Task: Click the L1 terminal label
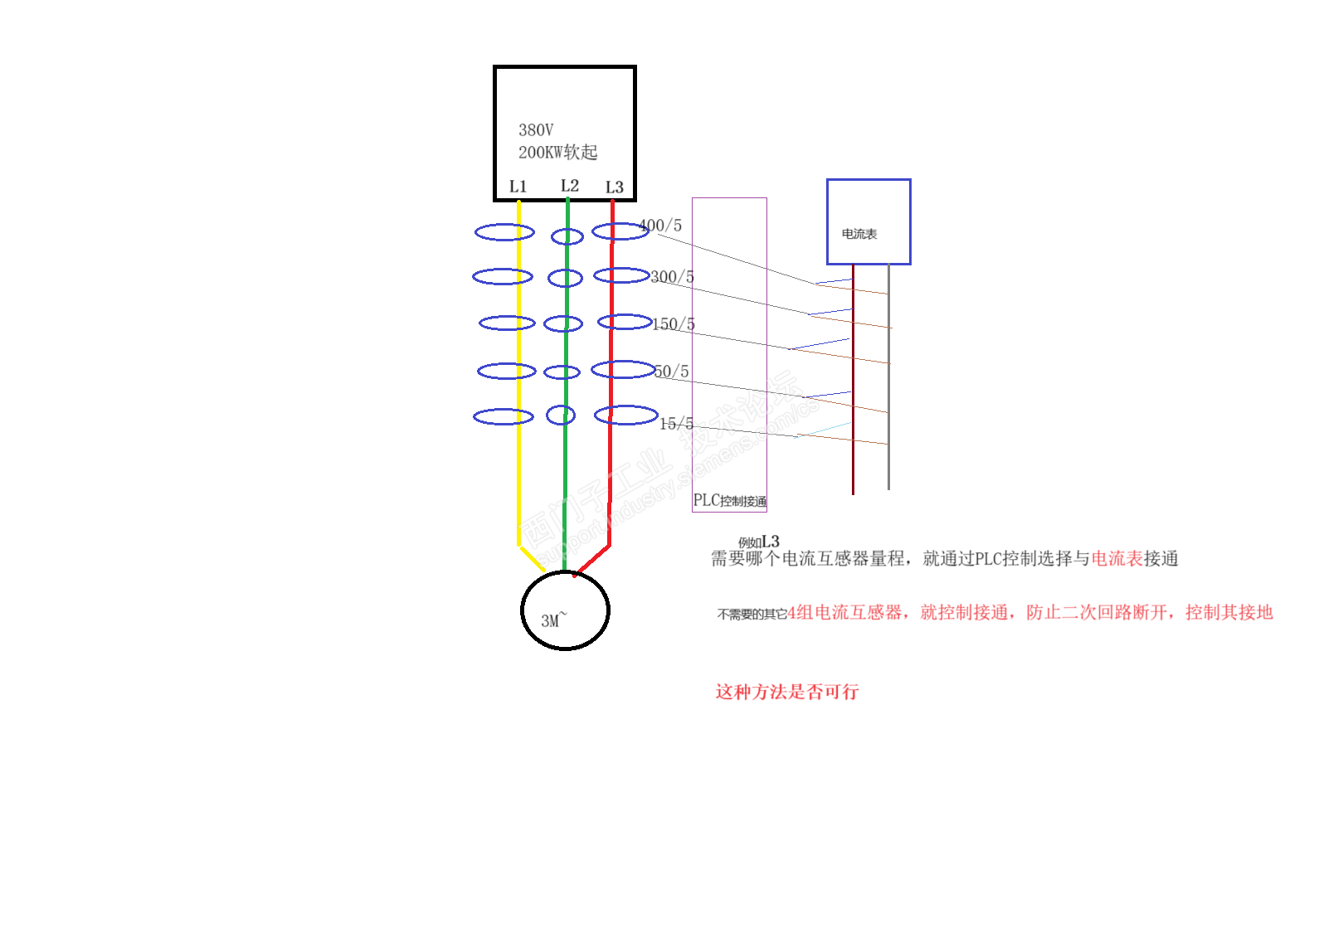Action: coord(518,187)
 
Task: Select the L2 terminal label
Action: coord(569,186)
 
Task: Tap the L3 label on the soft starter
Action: coord(614,187)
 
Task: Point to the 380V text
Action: coord(536,130)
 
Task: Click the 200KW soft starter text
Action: coord(557,153)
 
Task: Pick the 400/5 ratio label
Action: coord(661,226)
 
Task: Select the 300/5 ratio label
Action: coord(672,277)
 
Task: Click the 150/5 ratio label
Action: coord(674,324)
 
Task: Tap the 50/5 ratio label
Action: coord(671,372)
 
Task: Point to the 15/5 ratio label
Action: coord(676,424)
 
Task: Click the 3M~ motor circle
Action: coord(565,610)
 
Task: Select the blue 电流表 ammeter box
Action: coord(868,222)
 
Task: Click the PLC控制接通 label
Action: coord(729,501)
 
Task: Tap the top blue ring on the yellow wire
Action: coord(504,232)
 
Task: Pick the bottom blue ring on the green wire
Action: coord(561,415)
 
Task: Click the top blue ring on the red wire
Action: coord(620,231)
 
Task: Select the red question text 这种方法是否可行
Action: coord(786,692)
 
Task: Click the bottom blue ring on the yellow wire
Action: coord(504,416)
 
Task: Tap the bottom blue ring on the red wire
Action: coord(626,415)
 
